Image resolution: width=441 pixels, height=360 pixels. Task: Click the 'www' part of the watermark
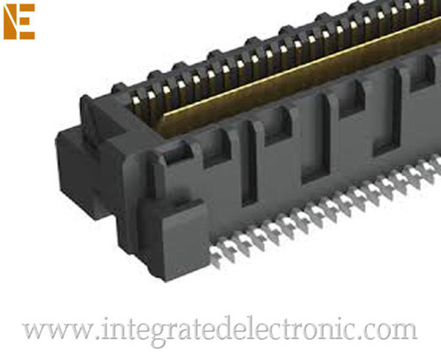click(55, 332)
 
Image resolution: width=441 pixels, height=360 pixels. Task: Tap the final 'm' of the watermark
click(405, 334)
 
